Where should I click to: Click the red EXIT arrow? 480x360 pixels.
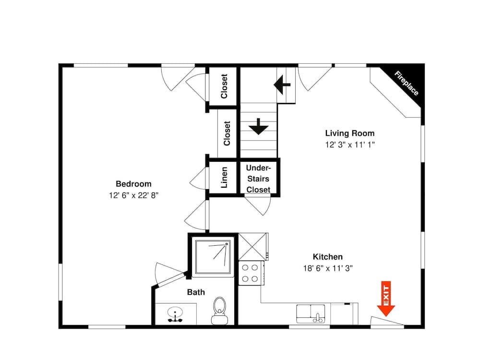click(x=386, y=299)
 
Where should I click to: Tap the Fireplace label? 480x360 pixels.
click(x=406, y=83)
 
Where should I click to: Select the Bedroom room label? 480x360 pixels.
click(x=133, y=184)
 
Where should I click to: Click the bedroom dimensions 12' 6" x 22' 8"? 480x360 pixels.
click(x=133, y=195)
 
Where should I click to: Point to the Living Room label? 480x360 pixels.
click(x=350, y=133)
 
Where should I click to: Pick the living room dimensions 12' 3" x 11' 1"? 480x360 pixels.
click(x=350, y=144)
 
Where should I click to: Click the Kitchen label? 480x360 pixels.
click(x=327, y=257)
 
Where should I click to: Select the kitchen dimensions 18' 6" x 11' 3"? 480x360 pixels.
click(x=328, y=268)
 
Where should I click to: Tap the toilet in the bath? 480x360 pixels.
click(x=219, y=311)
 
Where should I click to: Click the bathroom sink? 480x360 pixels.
click(x=175, y=314)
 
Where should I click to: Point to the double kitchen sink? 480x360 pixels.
click(x=311, y=313)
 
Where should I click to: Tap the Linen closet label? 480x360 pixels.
click(x=224, y=177)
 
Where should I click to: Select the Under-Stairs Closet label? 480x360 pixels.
click(x=258, y=179)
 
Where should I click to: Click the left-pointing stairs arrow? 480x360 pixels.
click(x=282, y=84)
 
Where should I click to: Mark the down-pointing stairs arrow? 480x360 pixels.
click(x=258, y=126)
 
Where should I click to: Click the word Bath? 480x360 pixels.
click(x=196, y=292)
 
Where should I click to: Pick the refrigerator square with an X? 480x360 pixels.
click(x=252, y=247)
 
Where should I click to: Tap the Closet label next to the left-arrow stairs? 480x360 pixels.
click(x=224, y=86)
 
